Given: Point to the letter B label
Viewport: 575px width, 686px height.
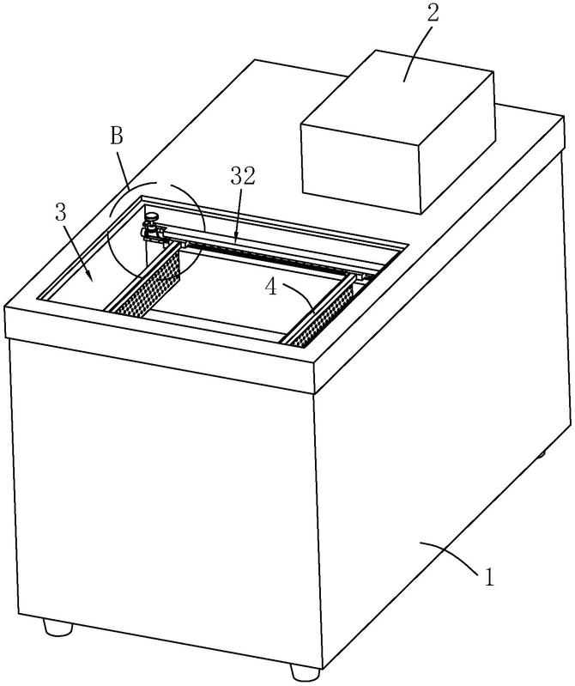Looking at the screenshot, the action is click(117, 137).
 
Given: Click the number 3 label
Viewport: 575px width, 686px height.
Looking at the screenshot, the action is click(61, 213).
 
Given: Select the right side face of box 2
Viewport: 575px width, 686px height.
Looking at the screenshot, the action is click(457, 143).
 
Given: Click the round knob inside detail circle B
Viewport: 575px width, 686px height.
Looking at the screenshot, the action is click(153, 216).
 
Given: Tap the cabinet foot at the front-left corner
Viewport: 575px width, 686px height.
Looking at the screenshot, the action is click(57, 628).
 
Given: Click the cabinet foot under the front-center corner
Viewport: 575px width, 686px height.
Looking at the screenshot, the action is click(306, 671).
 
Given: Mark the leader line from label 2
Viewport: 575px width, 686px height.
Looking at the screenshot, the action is click(418, 54).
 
